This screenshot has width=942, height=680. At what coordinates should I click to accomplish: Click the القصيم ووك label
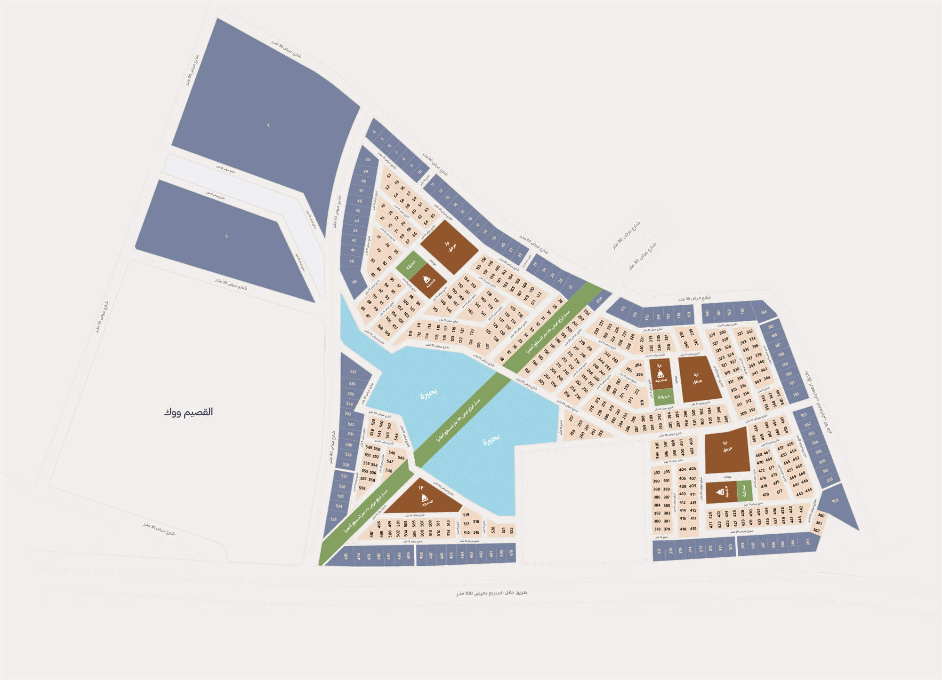(188, 412)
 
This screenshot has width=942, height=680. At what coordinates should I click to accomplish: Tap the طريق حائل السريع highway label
(491, 593)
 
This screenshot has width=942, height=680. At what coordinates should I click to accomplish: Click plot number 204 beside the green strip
(599, 300)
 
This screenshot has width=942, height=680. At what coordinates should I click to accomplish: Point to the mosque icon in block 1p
(424, 498)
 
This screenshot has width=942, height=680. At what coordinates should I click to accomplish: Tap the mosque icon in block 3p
(660, 374)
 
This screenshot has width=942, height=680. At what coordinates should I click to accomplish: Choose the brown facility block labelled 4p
(699, 379)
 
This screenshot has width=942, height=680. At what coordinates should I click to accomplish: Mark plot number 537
(353, 372)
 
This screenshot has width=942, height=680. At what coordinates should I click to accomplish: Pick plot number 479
(511, 553)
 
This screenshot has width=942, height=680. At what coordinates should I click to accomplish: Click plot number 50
(368, 160)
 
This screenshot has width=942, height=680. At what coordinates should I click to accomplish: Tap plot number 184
(764, 312)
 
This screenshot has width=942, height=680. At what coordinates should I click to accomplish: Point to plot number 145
(435, 309)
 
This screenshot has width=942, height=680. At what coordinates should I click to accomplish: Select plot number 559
(362, 488)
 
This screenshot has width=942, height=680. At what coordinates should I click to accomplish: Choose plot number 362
(816, 530)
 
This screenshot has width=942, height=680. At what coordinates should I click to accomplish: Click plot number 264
(638, 365)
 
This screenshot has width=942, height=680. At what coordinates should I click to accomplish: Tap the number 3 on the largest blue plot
(268, 125)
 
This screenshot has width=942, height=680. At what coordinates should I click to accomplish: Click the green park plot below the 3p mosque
(664, 396)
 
